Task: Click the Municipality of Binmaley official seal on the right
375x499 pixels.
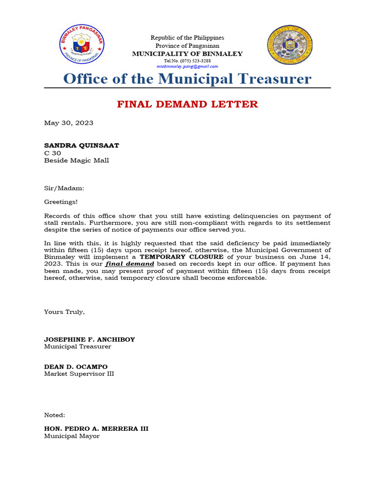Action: click(x=290, y=46)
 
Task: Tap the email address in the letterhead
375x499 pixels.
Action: click(x=187, y=66)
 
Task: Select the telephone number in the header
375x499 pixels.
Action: click(x=187, y=61)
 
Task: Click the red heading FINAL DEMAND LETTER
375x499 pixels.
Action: click(x=187, y=104)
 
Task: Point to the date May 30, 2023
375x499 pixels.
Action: click(x=69, y=123)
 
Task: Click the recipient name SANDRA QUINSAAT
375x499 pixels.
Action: click(x=82, y=145)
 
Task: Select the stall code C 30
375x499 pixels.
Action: click(x=53, y=153)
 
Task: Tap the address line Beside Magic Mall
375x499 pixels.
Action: click(x=77, y=160)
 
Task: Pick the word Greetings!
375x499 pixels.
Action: click(x=61, y=201)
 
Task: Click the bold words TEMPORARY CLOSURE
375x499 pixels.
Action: click(x=182, y=256)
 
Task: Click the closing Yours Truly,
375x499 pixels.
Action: click(x=64, y=312)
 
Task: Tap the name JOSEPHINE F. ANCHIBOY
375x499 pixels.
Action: click(x=89, y=339)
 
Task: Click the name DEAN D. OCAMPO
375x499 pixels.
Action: click(x=76, y=366)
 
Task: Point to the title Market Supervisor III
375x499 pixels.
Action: click(x=79, y=374)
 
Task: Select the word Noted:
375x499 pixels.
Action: click(x=55, y=415)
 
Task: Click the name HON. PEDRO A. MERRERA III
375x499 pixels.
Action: click(x=96, y=429)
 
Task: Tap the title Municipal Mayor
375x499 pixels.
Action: click(x=72, y=436)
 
